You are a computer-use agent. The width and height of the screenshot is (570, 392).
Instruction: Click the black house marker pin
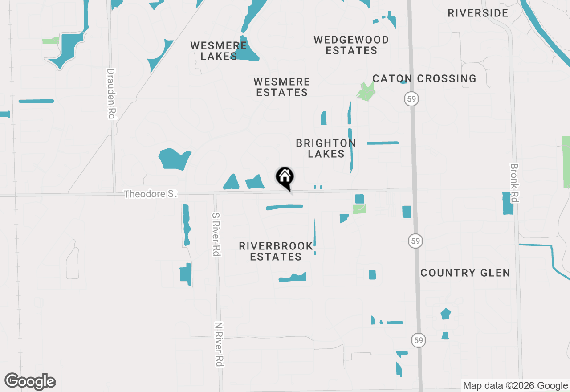click(285, 178)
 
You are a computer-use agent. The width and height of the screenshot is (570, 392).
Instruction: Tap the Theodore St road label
click(150, 194)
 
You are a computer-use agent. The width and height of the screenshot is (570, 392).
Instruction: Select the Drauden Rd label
click(111, 94)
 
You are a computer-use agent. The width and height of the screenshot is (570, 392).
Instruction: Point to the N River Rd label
click(218, 344)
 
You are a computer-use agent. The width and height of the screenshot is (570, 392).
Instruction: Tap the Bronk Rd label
click(514, 183)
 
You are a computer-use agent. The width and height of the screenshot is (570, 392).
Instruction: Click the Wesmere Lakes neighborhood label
click(219, 51)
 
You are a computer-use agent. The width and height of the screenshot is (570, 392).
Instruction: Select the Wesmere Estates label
click(281, 87)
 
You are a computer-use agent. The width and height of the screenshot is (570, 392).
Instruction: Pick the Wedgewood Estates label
click(351, 45)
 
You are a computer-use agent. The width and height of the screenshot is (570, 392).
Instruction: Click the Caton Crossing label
click(424, 79)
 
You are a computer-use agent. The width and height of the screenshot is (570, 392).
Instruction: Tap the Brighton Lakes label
click(326, 148)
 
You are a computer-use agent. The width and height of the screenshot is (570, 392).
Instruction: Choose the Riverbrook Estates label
click(276, 251)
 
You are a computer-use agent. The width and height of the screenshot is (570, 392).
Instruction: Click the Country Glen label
click(465, 273)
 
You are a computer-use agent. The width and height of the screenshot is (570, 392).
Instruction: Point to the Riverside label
click(478, 13)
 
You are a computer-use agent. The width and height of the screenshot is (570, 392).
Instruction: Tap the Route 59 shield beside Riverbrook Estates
click(415, 241)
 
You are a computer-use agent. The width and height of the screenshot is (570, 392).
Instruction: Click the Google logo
click(30, 381)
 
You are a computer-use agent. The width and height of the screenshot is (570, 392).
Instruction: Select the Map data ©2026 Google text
click(515, 386)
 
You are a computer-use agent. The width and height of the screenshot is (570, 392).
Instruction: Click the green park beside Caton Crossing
click(366, 91)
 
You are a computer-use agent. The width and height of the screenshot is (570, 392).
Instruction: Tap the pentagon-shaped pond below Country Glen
click(446, 314)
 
